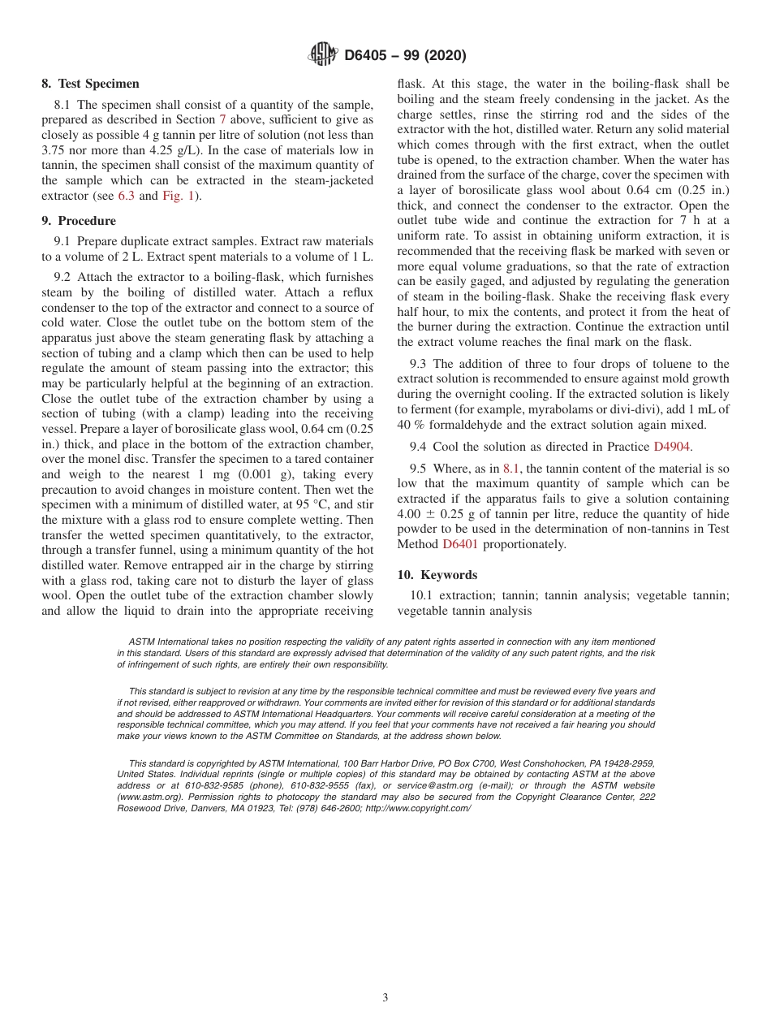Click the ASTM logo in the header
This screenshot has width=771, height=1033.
point(322,54)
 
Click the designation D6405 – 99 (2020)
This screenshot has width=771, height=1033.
point(405,55)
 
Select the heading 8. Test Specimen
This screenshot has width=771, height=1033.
point(90,84)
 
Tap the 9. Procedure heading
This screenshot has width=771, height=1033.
point(79,221)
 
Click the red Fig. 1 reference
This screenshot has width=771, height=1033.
point(178,196)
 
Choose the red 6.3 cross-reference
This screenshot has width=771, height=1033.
point(127,196)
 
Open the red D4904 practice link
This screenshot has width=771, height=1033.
point(672,447)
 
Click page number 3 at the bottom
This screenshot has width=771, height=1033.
point(385,998)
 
